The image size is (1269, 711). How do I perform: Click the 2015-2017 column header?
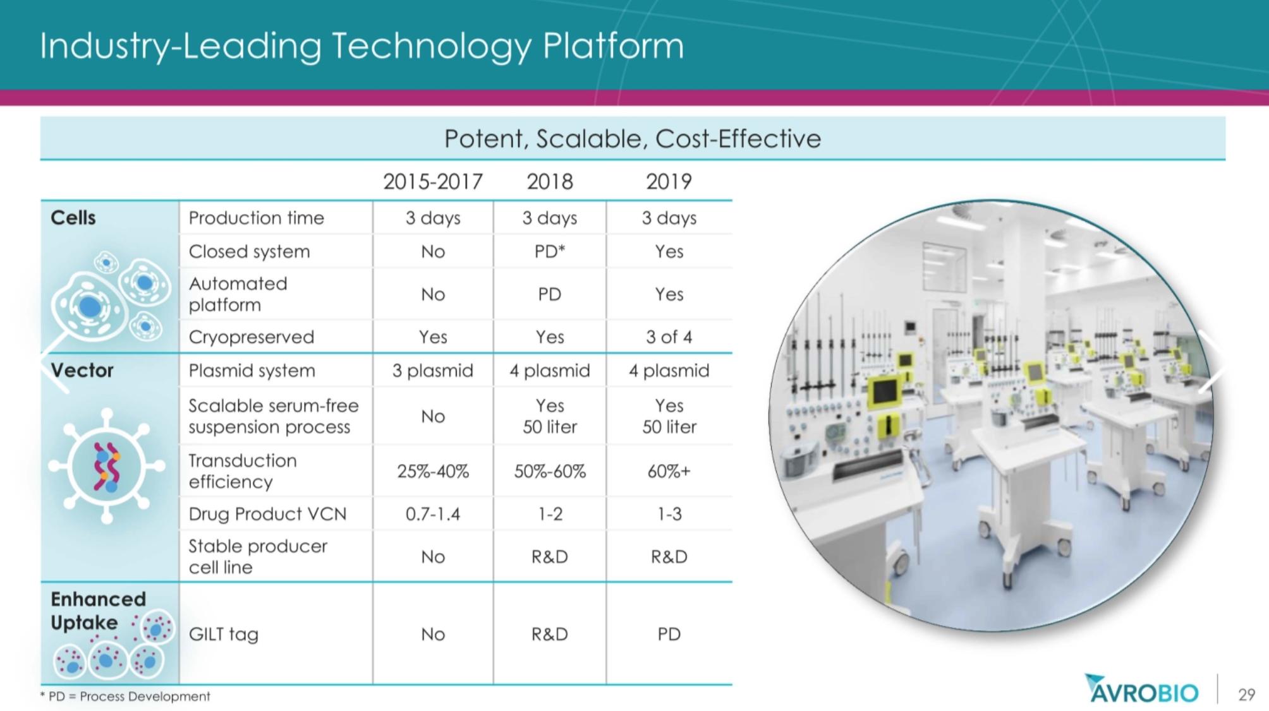433,182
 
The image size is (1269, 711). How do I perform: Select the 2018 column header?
550,182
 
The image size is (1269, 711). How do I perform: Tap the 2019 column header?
669,182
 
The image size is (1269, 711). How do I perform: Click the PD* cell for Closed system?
550,251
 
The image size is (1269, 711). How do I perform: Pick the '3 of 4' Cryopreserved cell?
669,337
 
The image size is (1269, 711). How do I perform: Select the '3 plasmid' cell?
433,371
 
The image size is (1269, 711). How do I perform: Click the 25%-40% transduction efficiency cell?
433,472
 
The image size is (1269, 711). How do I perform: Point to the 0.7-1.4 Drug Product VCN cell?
433,514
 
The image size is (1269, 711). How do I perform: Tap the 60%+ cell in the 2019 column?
669,472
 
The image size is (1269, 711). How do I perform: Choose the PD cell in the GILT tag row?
669,634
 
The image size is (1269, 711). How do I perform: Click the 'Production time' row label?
256,218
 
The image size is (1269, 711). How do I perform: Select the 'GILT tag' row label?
224,634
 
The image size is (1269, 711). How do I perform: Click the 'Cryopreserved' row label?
252,337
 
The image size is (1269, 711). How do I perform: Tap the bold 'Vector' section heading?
82,370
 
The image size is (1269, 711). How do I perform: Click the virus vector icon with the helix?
107,466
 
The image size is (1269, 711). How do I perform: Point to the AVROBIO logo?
1141,689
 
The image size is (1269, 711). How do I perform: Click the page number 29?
1246,695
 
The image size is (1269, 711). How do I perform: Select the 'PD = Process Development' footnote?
125,696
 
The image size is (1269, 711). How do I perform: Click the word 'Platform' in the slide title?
613,46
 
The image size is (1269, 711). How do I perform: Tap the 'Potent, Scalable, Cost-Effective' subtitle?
633,138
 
